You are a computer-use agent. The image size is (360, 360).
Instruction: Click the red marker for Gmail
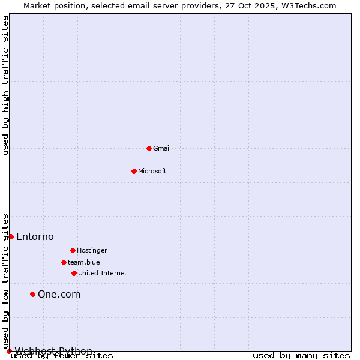point(149,148)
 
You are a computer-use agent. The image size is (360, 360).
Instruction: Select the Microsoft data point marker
point(134,171)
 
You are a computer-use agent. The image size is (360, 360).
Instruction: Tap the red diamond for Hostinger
point(73,250)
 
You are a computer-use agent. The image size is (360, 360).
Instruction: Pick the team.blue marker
point(64,262)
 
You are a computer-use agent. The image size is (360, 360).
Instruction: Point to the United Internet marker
point(74,273)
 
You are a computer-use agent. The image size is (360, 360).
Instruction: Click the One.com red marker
point(32,294)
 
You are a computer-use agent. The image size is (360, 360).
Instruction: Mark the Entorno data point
point(11,236)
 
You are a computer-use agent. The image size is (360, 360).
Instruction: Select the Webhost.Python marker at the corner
point(9,351)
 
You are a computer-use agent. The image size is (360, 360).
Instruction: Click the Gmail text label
point(162,148)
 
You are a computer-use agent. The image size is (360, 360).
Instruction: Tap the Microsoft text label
point(152,171)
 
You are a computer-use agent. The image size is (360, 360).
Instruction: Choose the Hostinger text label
point(92,250)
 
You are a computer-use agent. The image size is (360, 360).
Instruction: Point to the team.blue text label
point(84,262)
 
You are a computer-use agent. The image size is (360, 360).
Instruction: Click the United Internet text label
point(103,273)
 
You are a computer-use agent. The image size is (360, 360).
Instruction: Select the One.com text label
point(59,294)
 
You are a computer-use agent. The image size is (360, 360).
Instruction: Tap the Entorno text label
point(35,236)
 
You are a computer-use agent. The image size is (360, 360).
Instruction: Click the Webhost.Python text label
point(53,351)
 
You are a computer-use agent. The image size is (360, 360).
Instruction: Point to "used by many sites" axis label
point(301,355)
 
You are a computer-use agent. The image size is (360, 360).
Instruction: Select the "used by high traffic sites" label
point(6,85)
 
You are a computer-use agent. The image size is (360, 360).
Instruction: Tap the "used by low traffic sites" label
point(6,281)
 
